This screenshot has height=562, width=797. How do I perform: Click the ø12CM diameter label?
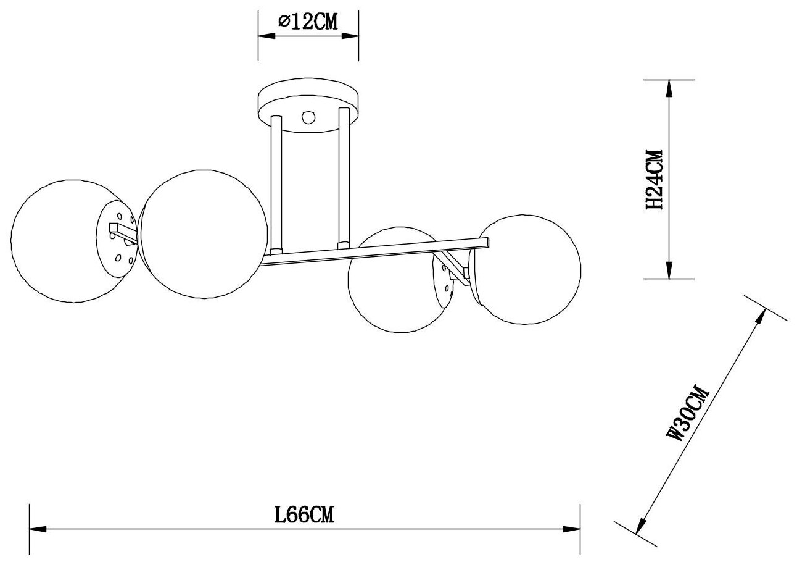coord(308,23)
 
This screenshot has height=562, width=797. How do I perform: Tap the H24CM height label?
coord(652,180)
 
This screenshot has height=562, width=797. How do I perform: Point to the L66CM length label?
coord(305,514)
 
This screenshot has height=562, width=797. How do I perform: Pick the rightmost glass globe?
coord(527,269)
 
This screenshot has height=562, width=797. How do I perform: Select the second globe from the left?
coord(200,231)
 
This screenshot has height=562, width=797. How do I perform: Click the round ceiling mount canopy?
coord(308,103)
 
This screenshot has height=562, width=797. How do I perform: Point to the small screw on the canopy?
coord(308,117)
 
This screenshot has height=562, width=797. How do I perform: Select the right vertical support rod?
coord(344,179)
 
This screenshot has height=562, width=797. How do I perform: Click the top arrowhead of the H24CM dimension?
coord(668,86)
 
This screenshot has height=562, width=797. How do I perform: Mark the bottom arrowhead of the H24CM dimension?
coord(668,272)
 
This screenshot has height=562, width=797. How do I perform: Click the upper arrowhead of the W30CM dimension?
coord(763,314)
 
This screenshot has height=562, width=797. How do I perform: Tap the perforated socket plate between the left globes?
coord(117,238)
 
